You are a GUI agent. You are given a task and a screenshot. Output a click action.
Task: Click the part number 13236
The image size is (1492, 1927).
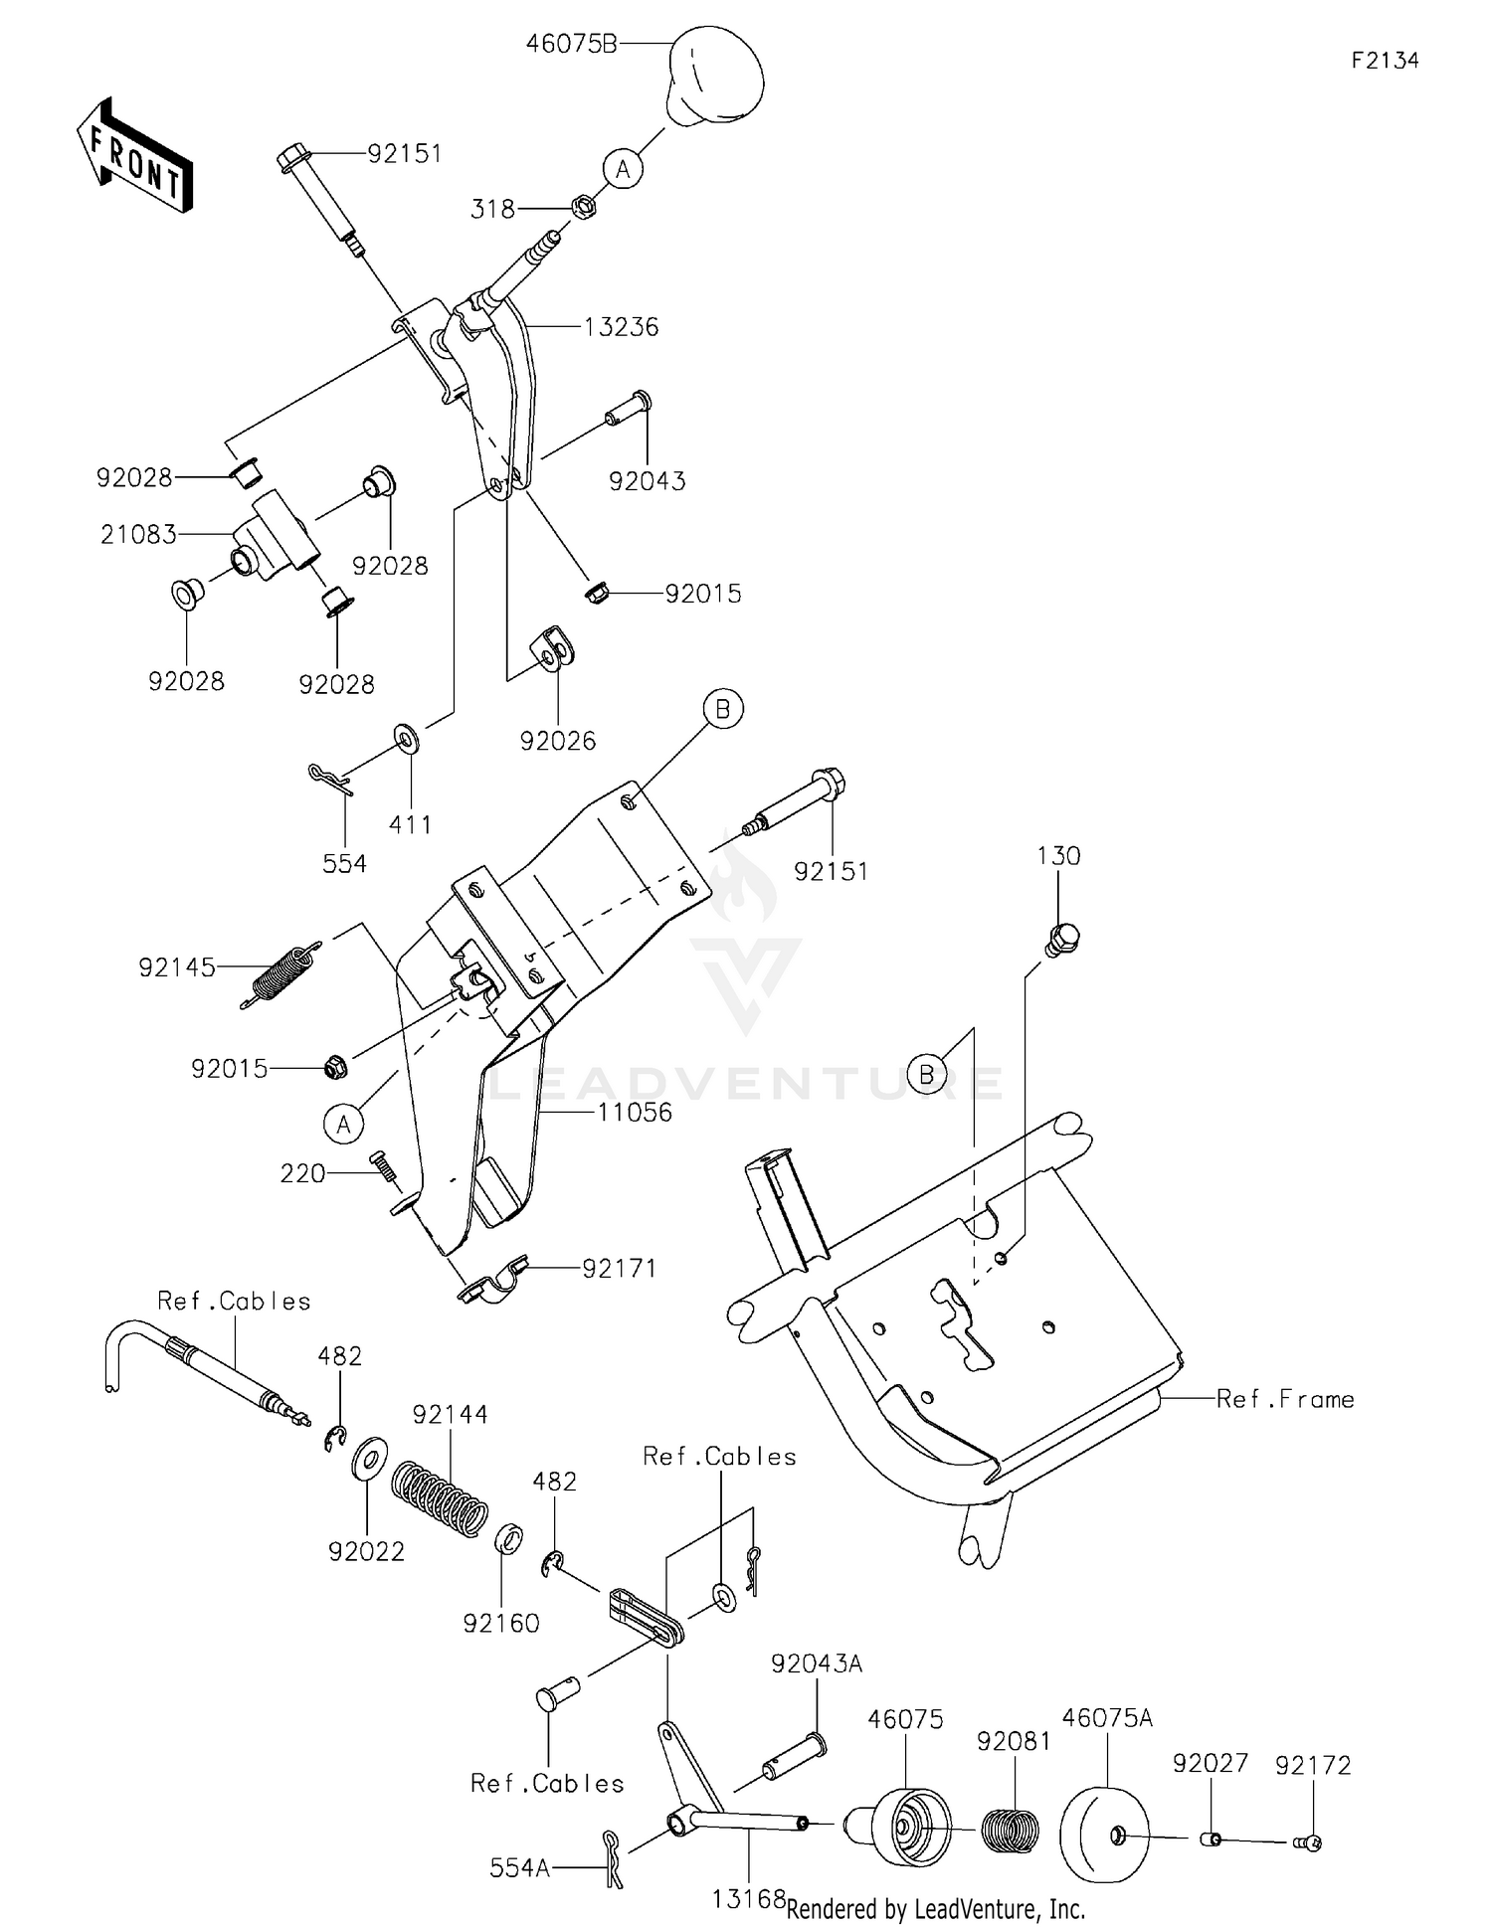(621, 327)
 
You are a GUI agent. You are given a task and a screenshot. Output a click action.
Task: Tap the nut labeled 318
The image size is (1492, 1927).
(584, 208)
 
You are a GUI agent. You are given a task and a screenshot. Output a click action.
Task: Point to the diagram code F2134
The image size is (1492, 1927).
(1385, 61)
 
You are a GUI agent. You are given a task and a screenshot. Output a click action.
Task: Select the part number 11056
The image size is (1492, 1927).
(635, 1112)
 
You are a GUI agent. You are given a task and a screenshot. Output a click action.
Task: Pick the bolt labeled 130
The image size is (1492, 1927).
(1062, 938)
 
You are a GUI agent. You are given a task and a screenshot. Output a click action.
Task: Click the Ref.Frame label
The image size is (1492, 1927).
(1285, 1399)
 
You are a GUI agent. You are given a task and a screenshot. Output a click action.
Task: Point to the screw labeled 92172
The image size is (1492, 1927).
(1310, 1842)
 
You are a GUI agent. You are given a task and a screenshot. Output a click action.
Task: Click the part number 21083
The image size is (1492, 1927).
(138, 535)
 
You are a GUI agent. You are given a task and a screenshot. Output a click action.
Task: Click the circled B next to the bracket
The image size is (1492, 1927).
(723, 709)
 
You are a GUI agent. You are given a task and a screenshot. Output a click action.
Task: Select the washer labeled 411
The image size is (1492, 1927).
(407, 740)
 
